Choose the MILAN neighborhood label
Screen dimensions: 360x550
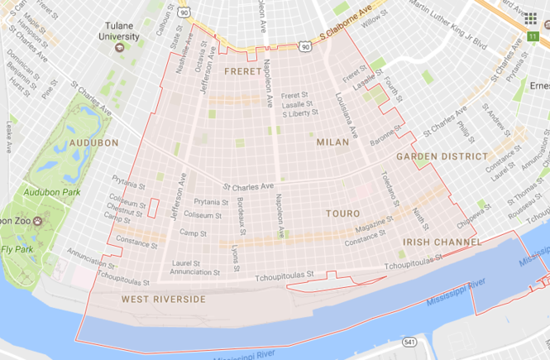(x=332, y=143)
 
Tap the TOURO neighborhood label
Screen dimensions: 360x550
(x=342, y=214)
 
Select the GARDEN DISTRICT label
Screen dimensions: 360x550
(x=442, y=156)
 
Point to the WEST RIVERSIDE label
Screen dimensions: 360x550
(x=163, y=299)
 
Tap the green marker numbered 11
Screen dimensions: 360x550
(x=533, y=36)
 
